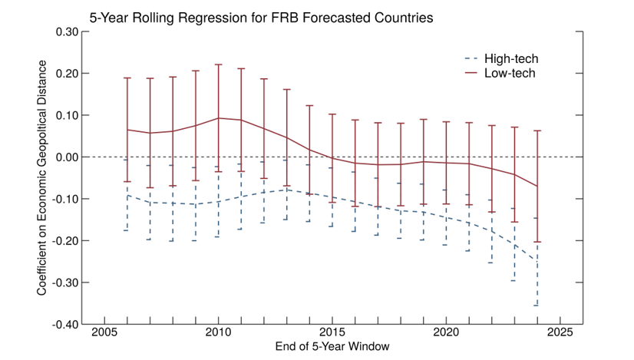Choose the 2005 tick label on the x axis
[x=104, y=335]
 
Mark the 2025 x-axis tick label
[x=560, y=335]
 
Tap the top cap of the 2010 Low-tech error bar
[x=219, y=64]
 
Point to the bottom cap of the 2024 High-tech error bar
[x=537, y=306]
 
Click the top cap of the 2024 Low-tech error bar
[x=537, y=130]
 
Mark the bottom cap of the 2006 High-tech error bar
[x=127, y=230]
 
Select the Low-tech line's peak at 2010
[x=219, y=118]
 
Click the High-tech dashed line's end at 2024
[x=537, y=259]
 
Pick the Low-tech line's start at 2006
[x=127, y=130]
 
